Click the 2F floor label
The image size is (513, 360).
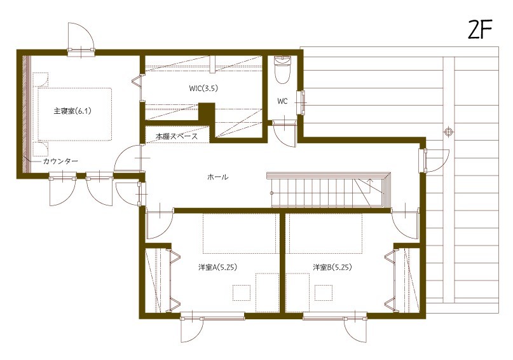481,31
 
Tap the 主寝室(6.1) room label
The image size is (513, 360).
73,111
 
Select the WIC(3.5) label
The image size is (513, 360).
203,89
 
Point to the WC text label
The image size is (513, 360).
283,101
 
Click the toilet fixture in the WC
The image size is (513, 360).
282,69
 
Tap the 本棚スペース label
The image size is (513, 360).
177,136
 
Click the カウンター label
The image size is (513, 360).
60,162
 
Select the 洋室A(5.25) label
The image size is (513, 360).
217,267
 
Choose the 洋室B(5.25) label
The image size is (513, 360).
332,267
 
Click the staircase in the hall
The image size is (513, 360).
327,189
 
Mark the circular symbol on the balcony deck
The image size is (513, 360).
449,132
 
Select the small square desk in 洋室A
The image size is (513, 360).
242,292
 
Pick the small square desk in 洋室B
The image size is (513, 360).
324,292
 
